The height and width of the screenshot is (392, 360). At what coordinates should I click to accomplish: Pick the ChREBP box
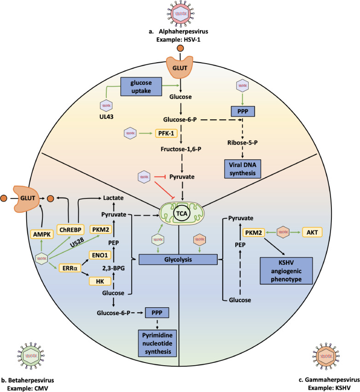point(69,229)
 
